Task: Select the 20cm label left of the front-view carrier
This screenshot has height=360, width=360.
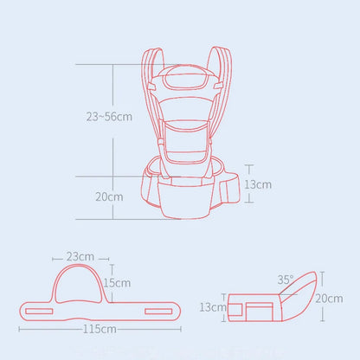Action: pyautogui.click(x=109, y=196)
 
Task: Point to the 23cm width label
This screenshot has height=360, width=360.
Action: pyautogui.click(x=79, y=257)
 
